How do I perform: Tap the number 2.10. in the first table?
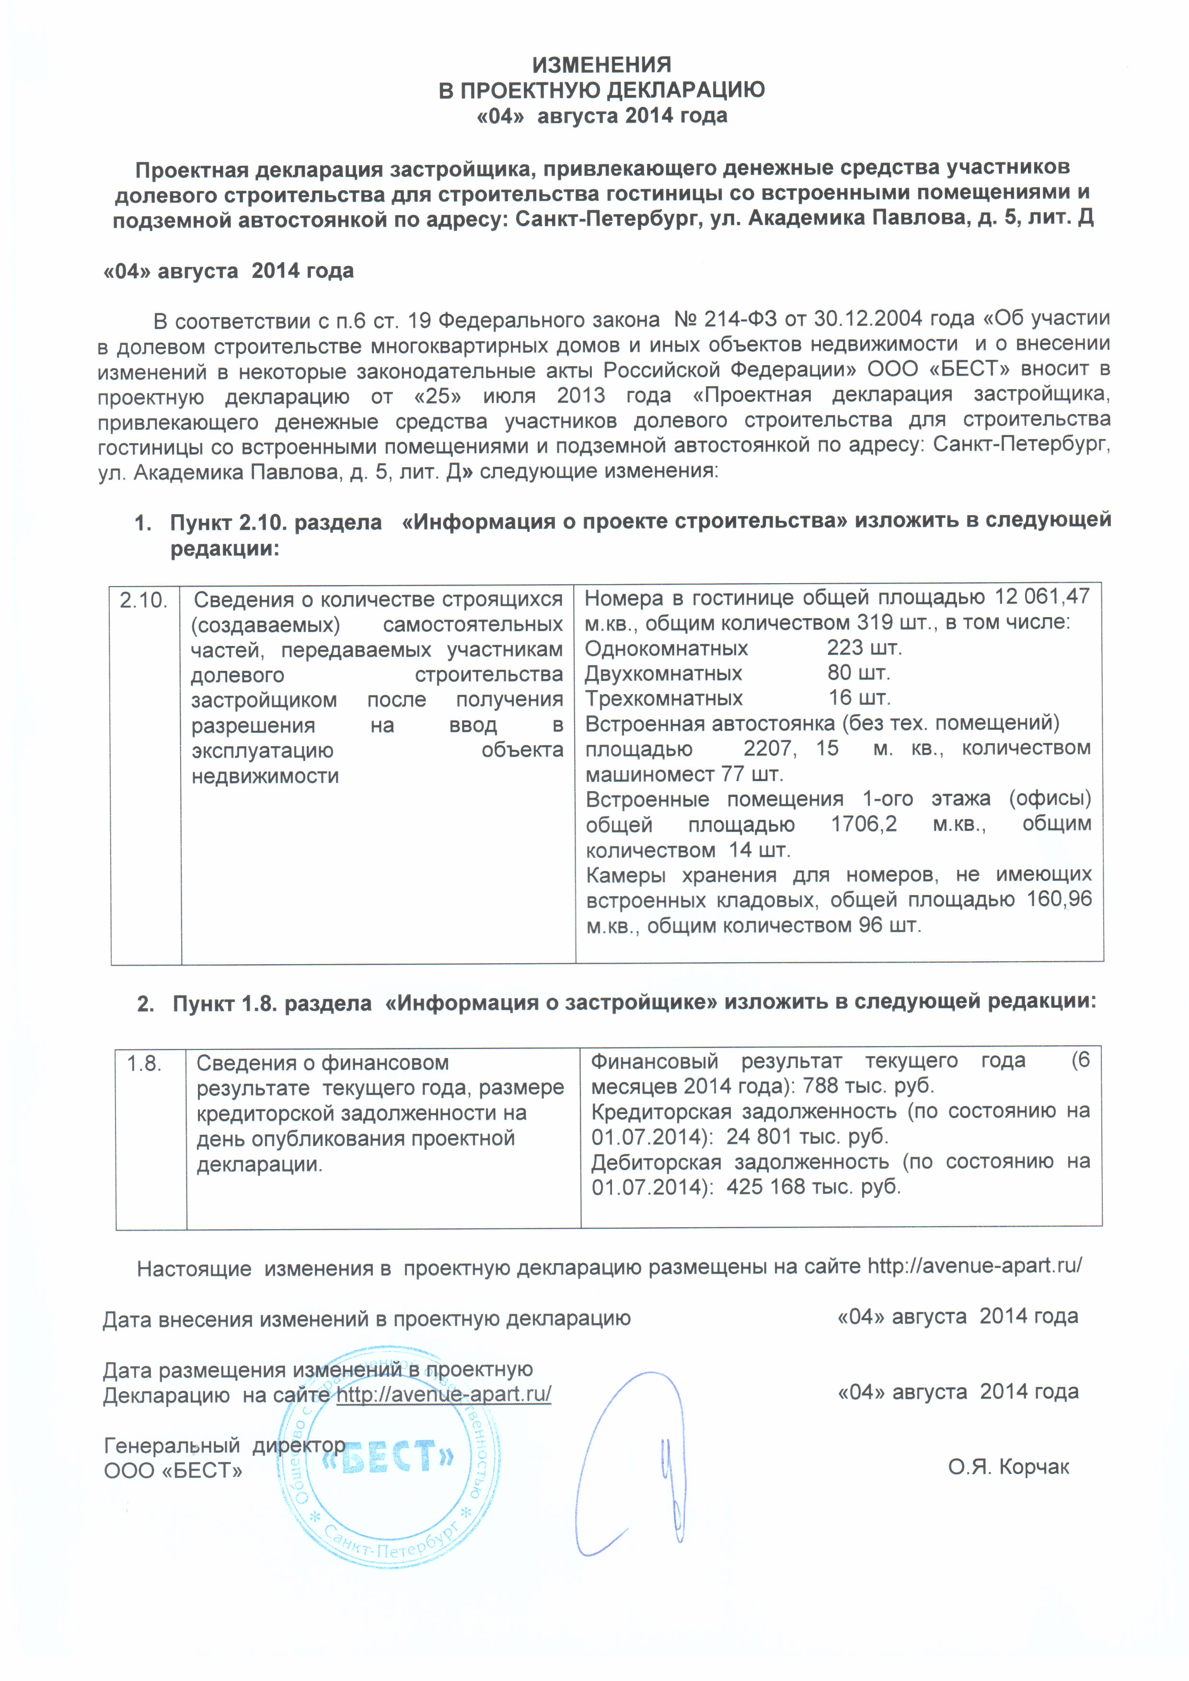coord(143,601)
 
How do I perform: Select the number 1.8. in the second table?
coord(144,1063)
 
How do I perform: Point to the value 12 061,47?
coord(1042,597)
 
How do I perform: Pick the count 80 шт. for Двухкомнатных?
coord(858,673)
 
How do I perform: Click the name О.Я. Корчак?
coord(1008,1467)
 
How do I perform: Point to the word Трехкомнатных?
coord(663,699)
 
